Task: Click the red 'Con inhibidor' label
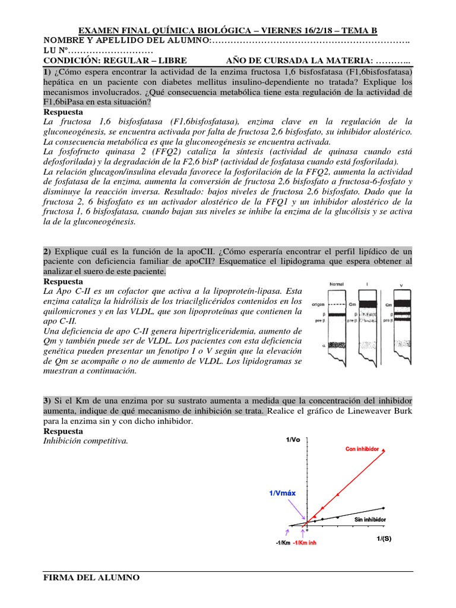coord(362,449)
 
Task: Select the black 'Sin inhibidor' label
coord(370,520)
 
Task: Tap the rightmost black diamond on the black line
coord(384,508)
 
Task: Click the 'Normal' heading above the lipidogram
coord(337,284)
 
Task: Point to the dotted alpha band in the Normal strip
coord(338,344)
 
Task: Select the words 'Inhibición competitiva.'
coord(86,441)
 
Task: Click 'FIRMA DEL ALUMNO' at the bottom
coord(92,577)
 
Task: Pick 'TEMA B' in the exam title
coord(356,31)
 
